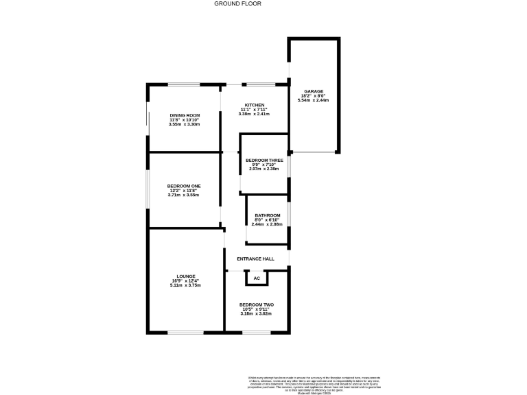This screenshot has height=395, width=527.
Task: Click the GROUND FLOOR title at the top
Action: click(x=237, y=3)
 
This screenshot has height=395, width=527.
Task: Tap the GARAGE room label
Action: click(x=314, y=91)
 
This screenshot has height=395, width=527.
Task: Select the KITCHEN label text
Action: click(x=254, y=105)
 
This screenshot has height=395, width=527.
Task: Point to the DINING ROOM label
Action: click(x=184, y=115)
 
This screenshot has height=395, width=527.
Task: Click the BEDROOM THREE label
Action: click(x=264, y=160)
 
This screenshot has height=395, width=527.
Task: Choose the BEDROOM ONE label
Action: click(x=183, y=185)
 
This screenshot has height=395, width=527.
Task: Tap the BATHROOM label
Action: click(x=266, y=215)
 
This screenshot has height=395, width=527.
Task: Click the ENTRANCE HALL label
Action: click(x=255, y=259)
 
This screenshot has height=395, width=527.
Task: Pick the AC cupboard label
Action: click(x=257, y=278)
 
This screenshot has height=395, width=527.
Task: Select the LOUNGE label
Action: click(x=185, y=276)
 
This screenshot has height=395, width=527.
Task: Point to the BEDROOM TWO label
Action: click(x=256, y=304)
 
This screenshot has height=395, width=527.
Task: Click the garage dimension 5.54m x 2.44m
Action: click(x=314, y=100)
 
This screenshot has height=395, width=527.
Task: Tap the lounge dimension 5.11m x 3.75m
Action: click(x=185, y=285)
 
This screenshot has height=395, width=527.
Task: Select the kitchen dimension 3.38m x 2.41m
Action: click(x=254, y=114)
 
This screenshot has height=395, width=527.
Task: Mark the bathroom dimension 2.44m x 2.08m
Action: click(x=266, y=224)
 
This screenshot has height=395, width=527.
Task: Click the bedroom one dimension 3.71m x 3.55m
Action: click(x=183, y=195)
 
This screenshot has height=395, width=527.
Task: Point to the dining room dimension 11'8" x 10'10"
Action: click(x=184, y=120)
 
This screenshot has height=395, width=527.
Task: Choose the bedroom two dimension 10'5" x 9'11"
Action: click(x=256, y=309)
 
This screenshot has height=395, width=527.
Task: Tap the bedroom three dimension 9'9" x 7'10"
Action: click(x=264, y=165)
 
